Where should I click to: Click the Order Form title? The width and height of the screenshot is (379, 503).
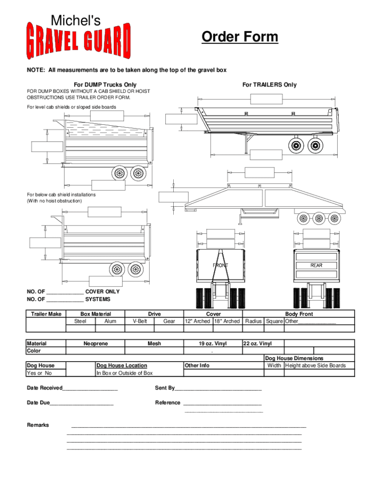pos(240,37)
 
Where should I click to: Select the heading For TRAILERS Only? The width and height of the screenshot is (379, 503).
pos(269,84)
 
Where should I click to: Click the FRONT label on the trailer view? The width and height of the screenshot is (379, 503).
pos(220,265)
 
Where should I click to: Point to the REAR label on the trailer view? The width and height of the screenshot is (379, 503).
pos(316,265)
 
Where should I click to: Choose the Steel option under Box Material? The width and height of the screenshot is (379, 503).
pos(80,321)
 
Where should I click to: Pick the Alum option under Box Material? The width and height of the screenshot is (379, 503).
pos(111,321)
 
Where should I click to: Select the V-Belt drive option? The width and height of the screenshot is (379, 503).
pos(140,321)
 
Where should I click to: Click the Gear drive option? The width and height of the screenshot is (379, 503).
pos(169,321)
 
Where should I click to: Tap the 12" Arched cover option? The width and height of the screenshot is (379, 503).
pos(197,321)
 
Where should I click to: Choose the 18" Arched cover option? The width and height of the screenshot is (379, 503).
pos(227,321)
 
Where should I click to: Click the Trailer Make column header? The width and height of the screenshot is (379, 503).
pos(46,314)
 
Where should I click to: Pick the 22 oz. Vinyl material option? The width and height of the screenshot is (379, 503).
pos(257,344)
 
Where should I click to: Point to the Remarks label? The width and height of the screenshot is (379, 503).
pos(38,425)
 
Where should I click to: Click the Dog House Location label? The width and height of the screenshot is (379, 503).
pos(122,365)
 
